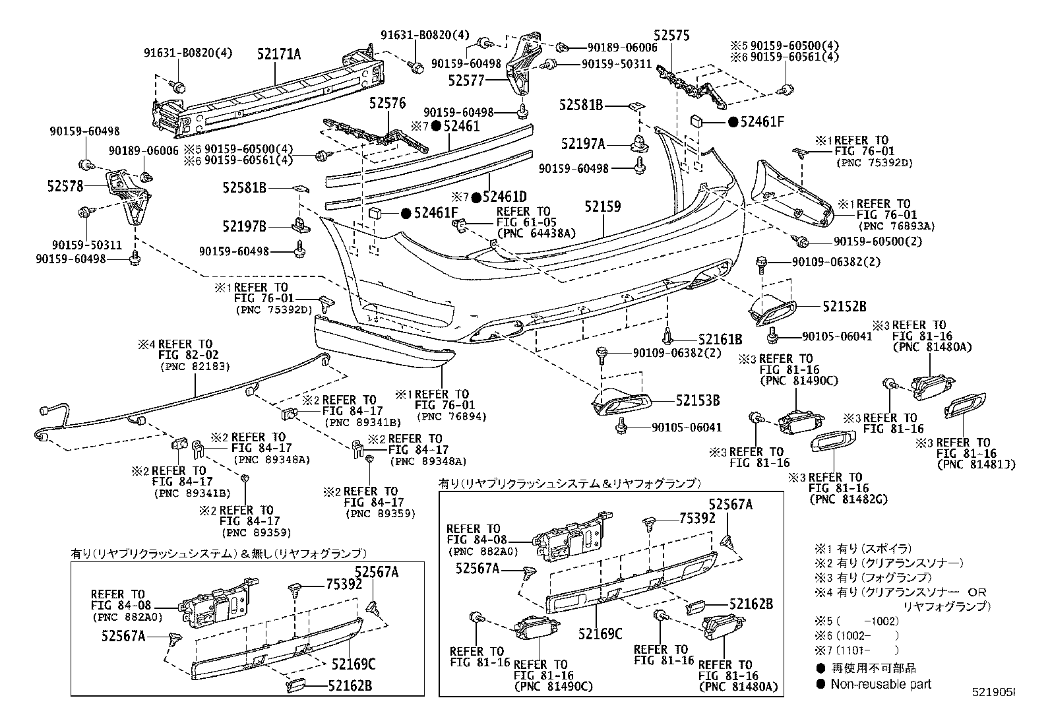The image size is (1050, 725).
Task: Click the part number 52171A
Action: click(279, 55)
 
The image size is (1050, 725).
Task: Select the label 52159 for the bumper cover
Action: click(602, 206)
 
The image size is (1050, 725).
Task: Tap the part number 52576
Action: click(387, 103)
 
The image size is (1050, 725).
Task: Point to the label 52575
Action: click(671, 36)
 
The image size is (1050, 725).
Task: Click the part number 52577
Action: click(485, 80)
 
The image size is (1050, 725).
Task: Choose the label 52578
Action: click(65, 187)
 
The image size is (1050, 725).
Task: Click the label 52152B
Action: click(844, 306)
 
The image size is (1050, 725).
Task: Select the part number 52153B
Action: click(697, 400)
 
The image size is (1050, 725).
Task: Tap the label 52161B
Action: click(720, 340)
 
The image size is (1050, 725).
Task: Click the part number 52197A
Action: click(583, 143)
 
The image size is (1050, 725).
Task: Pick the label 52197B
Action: click(244, 227)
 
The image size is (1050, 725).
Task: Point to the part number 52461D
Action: click(504, 197)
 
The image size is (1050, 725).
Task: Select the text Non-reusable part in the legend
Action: click(880, 684)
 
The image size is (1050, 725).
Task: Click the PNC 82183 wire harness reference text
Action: click(187, 367)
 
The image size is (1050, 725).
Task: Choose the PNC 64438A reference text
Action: click(536, 233)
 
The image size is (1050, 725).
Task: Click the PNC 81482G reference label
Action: click(848, 499)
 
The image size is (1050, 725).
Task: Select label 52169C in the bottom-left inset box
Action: click(353, 663)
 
